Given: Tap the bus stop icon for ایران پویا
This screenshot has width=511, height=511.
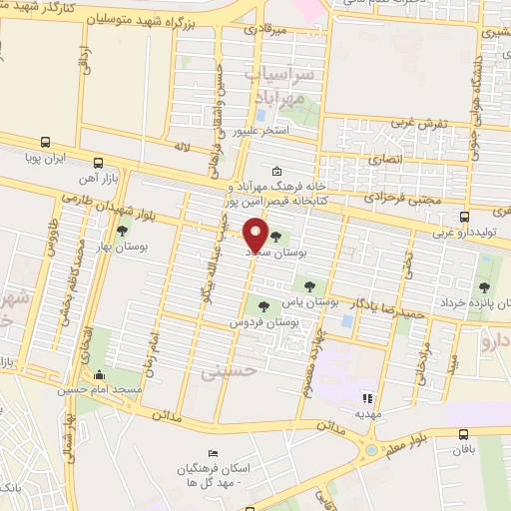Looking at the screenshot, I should tap(46, 142).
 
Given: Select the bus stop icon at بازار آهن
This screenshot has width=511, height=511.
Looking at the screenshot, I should tap(98, 163).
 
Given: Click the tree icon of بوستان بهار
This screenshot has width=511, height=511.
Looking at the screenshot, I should tap(123, 230).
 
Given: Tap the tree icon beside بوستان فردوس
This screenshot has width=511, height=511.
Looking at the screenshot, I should tap(263, 307).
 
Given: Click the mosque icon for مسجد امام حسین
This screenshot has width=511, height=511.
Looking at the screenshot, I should tap(98, 375).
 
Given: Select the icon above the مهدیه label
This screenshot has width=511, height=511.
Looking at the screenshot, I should tap(364, 397).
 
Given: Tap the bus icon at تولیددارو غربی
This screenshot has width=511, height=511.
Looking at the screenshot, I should tap(464, 217).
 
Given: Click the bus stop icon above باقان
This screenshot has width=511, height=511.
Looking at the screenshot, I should tap(464, 433).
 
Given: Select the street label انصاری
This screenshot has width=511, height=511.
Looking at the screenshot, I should tap(388, 159).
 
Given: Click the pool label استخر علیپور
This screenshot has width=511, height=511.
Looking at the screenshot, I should tap(260, 131).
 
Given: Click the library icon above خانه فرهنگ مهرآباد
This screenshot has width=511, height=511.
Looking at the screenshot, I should tap(276, 170).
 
